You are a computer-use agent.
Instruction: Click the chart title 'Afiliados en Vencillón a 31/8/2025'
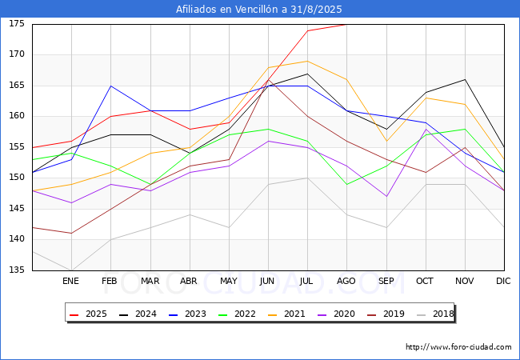coord(260,10)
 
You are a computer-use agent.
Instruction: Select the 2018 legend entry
coord(434,314)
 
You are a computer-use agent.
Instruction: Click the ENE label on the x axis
coord(71,282)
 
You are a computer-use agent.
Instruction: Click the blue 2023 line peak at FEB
coord(110,86)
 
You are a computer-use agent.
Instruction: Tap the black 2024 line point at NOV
coord(465,79)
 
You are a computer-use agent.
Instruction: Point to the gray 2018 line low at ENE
coord(71,270)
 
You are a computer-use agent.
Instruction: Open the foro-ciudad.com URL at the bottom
coord(458,347)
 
